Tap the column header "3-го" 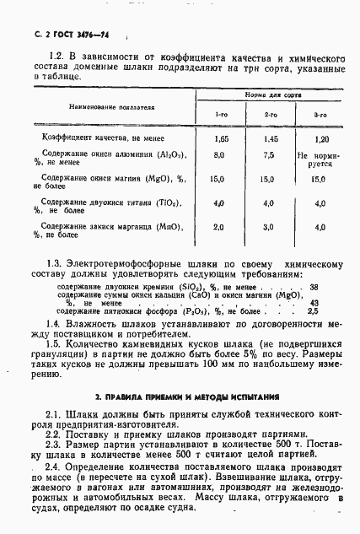320,114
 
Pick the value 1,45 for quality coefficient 270,137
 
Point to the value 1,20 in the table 320,137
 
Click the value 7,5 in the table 269,156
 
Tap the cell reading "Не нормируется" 320,161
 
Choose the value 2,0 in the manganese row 219,228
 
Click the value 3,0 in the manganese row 269,228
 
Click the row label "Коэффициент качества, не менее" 102,137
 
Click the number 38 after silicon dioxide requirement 314,287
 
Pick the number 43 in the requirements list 314,304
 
